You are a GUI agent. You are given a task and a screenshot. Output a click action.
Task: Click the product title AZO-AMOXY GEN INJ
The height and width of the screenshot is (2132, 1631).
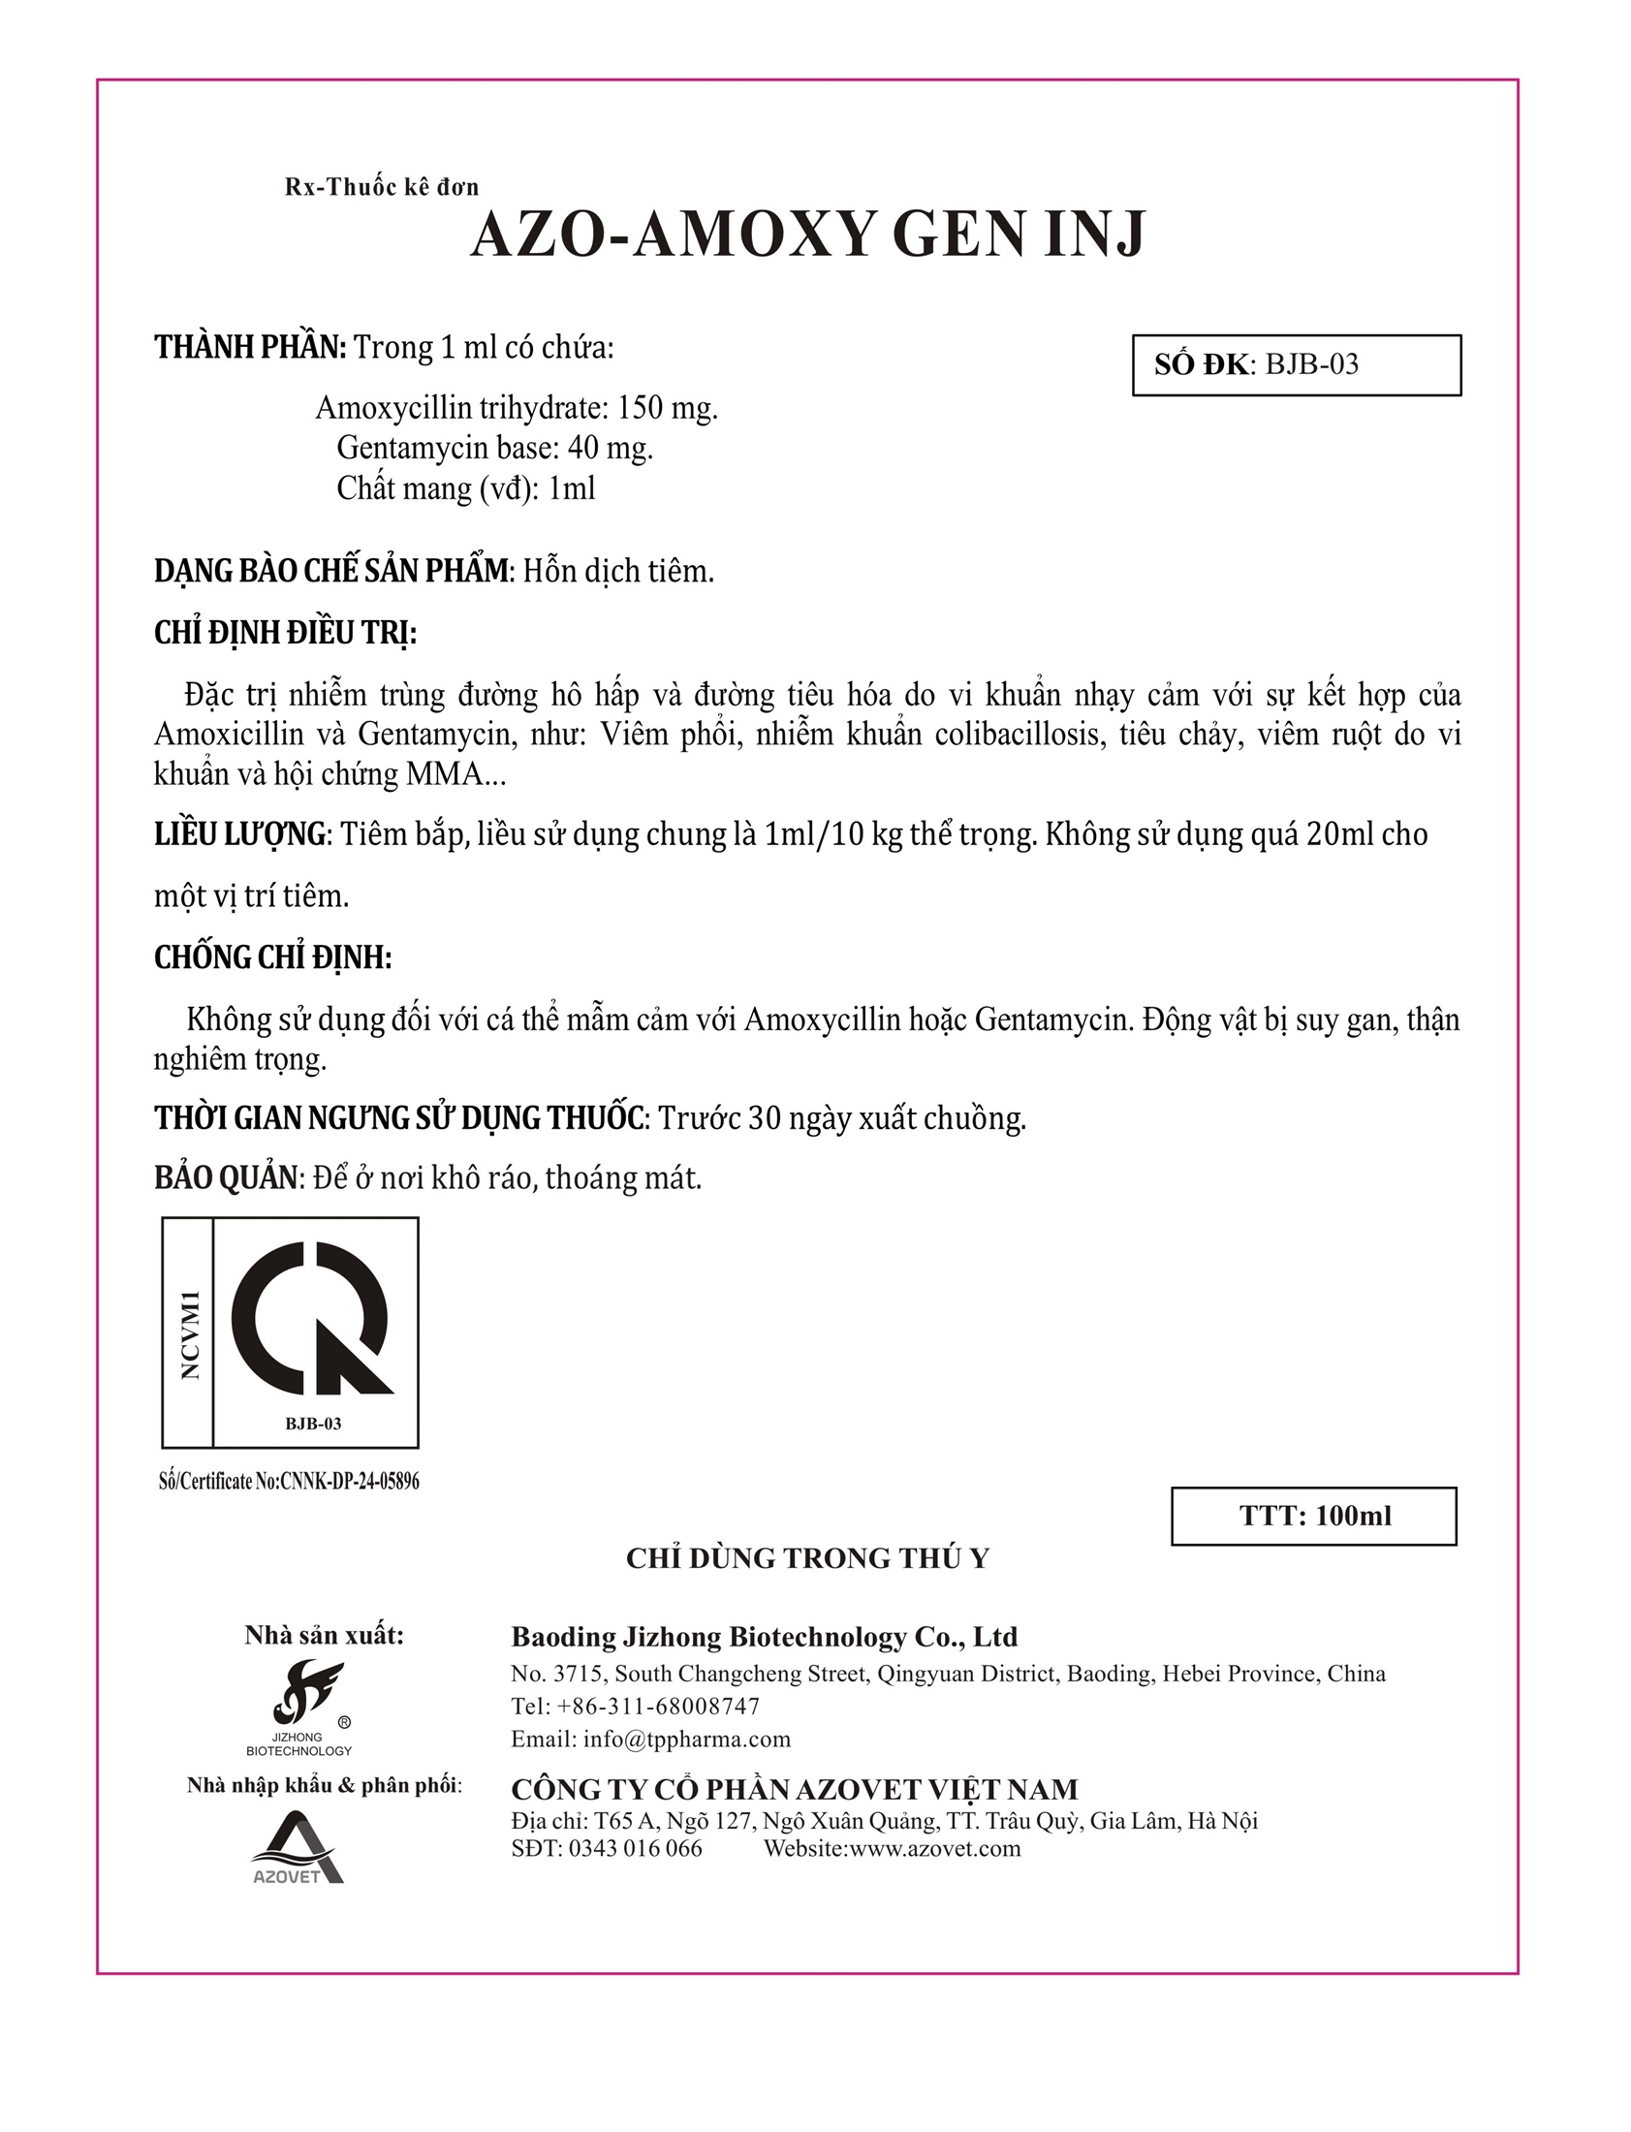coord(807,235)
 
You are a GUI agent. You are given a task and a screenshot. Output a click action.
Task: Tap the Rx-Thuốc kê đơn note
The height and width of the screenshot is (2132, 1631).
coord(382,186)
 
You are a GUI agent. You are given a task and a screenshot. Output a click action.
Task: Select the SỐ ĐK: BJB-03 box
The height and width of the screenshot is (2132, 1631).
coord(1296,365)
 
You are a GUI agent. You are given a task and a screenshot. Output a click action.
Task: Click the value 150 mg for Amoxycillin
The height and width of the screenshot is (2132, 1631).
coord(667,408)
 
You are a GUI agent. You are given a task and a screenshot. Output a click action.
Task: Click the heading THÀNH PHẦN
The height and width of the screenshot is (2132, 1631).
coord(249,348)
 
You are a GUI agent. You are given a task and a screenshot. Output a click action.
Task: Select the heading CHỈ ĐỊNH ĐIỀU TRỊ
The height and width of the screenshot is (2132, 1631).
coord(286,633)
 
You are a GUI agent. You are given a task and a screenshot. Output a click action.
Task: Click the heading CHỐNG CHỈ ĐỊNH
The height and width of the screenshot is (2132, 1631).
coord(273,957)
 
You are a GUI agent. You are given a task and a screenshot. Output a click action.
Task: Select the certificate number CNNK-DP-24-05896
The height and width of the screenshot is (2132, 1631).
coord(350,1482)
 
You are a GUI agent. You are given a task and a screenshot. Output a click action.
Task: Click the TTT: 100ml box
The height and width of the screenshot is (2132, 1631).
coord(1313,1516)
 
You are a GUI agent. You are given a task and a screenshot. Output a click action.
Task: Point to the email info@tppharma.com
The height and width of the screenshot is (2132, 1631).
coord(686,1739)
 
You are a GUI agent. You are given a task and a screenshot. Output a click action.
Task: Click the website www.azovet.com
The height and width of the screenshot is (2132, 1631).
coord(935,1847)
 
